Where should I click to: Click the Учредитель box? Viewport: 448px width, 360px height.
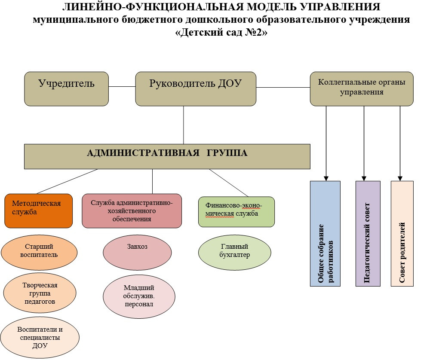pyautogui.click(x=66, y=88)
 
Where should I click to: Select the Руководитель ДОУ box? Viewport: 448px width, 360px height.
pyautogui.click(x=196, y=88)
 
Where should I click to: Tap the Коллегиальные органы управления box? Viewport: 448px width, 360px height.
pyautogui.click(x=362, y=88)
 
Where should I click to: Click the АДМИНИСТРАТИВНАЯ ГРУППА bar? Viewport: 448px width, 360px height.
pyautogui.click(x=167, y=156)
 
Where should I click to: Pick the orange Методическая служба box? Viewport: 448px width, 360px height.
pyautogui.click(x=38, y=211)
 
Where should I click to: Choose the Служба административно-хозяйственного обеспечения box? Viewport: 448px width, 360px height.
pyautogui.click(x=132, y=211)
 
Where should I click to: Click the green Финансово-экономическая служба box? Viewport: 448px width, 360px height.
pyautogui.click(x=236, y=211)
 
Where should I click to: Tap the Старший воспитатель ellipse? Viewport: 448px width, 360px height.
pyautogui.click(x=39, y=251)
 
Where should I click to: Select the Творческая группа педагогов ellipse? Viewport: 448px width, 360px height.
pyautogui.click(x=40, y=293)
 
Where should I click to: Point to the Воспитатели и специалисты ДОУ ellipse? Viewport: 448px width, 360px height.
pyautogui.click(x=40, y=338)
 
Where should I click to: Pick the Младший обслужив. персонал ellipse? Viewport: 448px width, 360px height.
pyautogui.click(x=139, y=296)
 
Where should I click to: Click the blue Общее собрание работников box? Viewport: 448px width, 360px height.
pyautogui.click(x=325, y=233)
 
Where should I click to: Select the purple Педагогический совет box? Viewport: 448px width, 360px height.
pyautogui.click(x=368, y=233)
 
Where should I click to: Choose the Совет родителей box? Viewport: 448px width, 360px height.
pyautogui.click(x=402, y=233)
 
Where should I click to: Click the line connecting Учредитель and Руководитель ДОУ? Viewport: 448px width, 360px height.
pyautogui.click(x=122, y=86)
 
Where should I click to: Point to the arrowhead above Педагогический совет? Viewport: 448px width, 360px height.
pyautogui.click(x=364, y=178)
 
